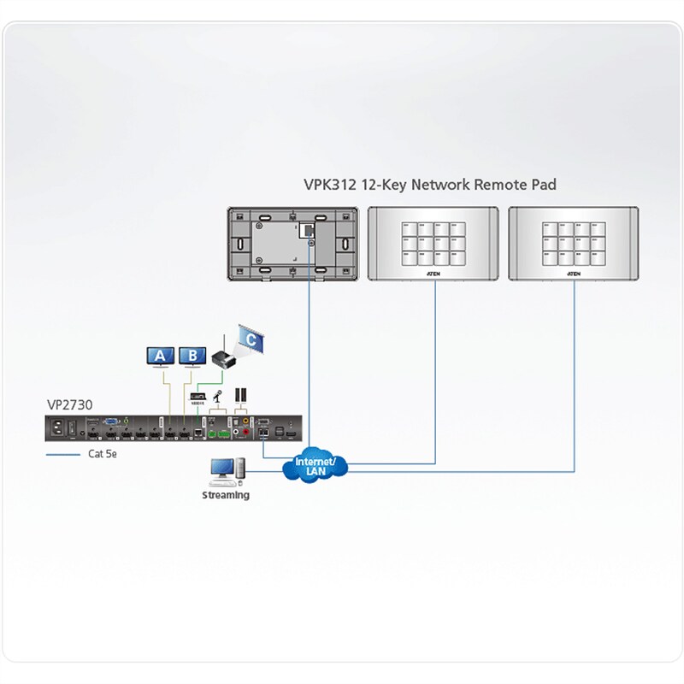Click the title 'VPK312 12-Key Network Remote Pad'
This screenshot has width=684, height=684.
tap(430, 185)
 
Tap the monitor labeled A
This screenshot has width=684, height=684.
tap(160, 356)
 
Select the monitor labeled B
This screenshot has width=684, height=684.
tap(192, 356)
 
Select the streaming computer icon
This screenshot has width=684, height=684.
tap(226, 471)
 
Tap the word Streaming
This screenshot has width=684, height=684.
tap(226, 495)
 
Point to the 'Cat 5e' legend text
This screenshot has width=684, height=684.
tap(103, 454)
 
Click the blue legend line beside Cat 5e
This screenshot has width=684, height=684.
tap(62, 454)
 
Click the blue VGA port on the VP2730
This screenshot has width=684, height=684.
tap(111, 422)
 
